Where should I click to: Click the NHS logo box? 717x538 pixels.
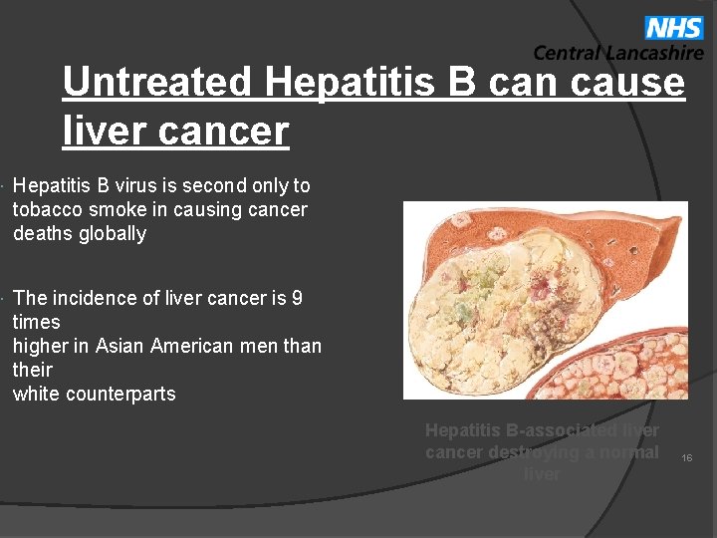674,27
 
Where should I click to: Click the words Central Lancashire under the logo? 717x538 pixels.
617,54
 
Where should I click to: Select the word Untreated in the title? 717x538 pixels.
157,82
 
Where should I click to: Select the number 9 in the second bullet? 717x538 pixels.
297,298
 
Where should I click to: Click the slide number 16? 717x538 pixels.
686,457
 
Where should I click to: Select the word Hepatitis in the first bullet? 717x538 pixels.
54,186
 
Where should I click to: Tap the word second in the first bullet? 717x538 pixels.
225,186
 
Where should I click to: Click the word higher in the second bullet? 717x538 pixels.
40,346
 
